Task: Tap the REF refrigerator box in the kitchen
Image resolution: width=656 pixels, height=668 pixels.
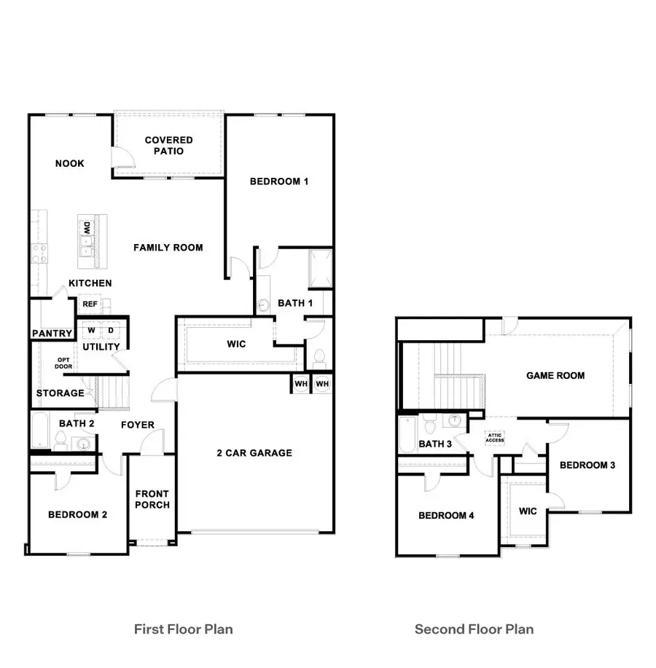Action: pyautogui.click(x=90, y=304)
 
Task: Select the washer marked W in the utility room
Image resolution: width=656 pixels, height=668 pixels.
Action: pyautogui.click(x=91, y=330)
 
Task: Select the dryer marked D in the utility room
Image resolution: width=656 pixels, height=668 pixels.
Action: pyautogui.click(x=111, y=330)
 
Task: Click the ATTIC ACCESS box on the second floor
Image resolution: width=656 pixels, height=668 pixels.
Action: pyautogui.click(x=495, y=438)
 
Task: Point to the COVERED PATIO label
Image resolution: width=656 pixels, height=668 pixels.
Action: pyautogui.click(x=169, y=146)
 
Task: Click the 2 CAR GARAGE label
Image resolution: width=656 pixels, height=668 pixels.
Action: pyautogui.click(x=254, y=453)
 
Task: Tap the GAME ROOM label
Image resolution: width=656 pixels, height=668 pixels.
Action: pyautogui.click(x=555, y=376)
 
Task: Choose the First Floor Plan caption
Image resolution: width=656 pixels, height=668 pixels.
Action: pyautogui.click(x=184, y=629)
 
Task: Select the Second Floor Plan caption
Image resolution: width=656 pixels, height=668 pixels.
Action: pyautogui.click(x=474, y=629)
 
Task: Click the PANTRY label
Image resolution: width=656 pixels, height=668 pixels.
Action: pyautogui.click(x=52, y=334)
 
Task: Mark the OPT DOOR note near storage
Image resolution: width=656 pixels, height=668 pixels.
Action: pyautogui.click(x=63, y=363)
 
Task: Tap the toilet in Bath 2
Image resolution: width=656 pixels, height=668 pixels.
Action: pyautogui.click(x=62, y=440)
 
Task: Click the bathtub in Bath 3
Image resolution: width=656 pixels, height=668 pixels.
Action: pyautogui.click(x=407, y=436)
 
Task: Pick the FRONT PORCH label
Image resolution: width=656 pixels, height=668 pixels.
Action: pyautogui.click(x=152, y=500)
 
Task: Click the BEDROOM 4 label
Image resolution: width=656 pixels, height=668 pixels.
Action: pyautogui.click(x=446, y=516)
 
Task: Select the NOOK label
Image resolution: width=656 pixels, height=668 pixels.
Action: pyautogui.click(x=70, y=163)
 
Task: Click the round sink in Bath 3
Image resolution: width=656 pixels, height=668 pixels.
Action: pyautogui.click(x=456, y=421)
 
